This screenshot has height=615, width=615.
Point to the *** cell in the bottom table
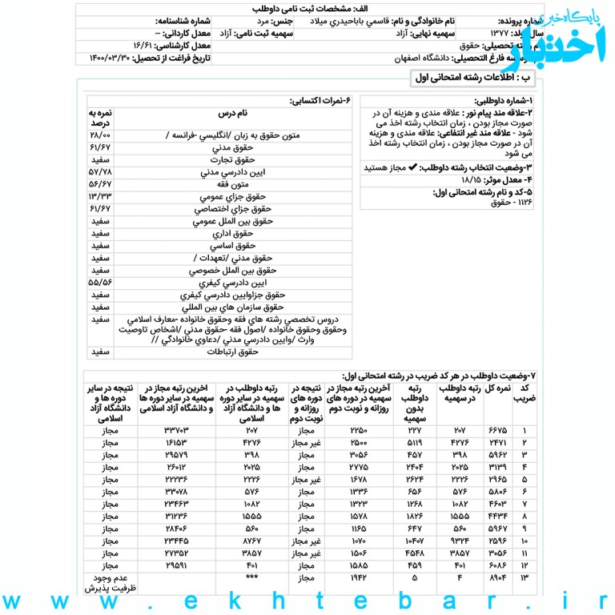click(x=252, y=577)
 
